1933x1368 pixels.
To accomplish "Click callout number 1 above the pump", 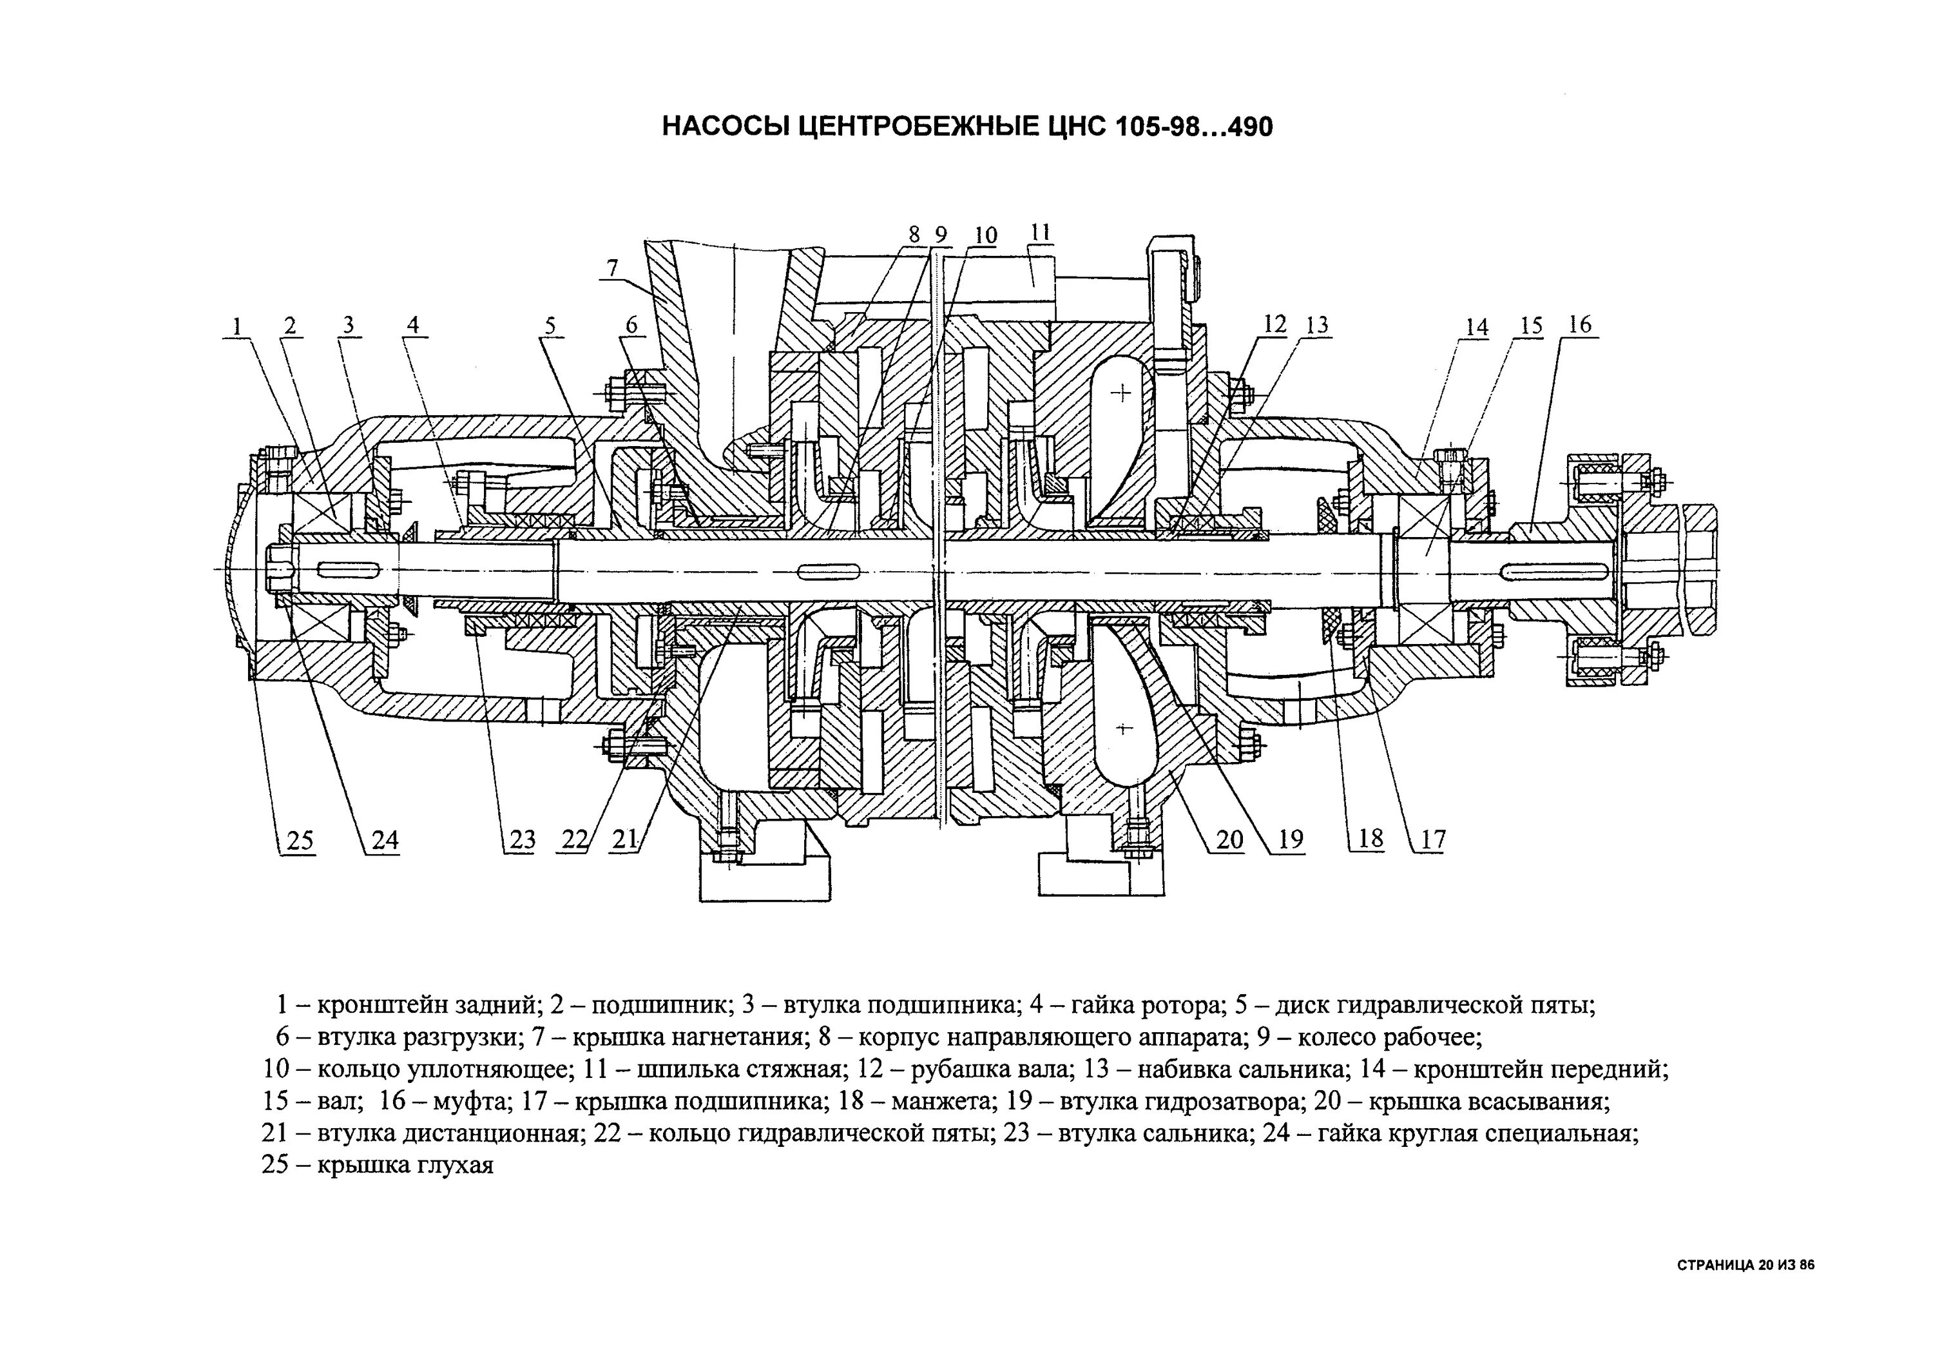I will (x=237, y=326).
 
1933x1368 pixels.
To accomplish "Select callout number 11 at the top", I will (x=1041, y=233).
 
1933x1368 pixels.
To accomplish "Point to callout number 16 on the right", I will (x=1581, y=324).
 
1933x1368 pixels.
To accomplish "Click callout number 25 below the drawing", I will (x=300, y=840).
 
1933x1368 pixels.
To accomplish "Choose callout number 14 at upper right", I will (x=1477, y=327).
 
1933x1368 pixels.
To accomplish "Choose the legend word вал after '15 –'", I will (x=343, y=1101).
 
